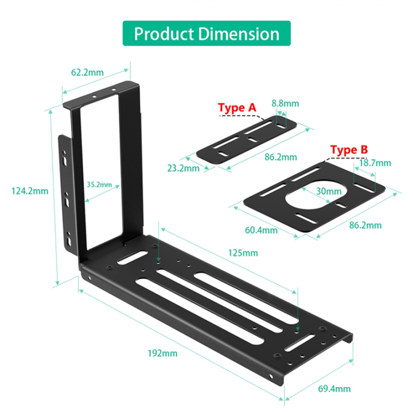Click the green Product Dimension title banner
(206, 33)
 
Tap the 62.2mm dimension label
(87, 73)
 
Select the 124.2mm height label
(30, 191)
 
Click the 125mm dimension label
(242, 253)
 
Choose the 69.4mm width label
(334, 389)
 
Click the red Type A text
(237, 107)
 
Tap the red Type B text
(349, 150)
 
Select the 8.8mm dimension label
(285, 103)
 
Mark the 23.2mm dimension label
(184, 168)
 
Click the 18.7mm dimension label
(375, 163)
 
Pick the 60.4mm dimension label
(261, 230)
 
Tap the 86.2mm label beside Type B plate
(365, 225)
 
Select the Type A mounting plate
(247, 145)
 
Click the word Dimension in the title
(239, 33)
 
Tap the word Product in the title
(165, 33)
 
